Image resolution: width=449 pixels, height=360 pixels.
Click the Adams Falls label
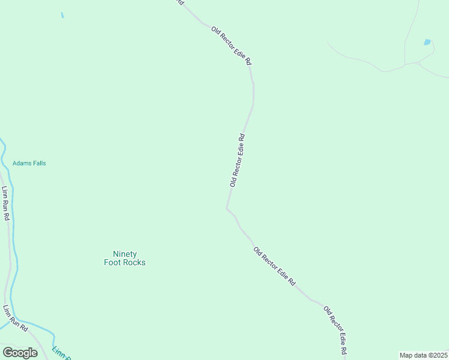tap(29, 163)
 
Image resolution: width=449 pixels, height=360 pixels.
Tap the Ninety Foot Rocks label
tap(125, 258)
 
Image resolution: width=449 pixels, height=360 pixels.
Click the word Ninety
tap(125, 254)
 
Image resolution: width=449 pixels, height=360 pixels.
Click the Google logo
tap(20, 353)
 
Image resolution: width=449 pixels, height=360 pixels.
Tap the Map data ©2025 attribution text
tap(423, 355)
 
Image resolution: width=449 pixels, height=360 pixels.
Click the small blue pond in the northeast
tap(427, 43)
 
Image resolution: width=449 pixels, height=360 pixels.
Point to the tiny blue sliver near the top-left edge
tap(62, 15)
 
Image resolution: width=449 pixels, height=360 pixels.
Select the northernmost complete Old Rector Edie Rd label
tap(231, 46)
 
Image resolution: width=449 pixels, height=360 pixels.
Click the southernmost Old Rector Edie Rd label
tap(336, 330)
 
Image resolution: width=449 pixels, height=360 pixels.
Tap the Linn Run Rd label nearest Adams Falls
tap(5, 203)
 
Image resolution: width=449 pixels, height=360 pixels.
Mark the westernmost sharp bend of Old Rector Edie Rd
tap(227, 208)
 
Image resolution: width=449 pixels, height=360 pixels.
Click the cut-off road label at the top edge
tap(179, 2)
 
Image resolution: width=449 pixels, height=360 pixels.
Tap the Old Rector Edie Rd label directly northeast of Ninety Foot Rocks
tap(237, 160)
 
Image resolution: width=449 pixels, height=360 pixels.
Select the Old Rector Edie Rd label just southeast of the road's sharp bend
tap(274, 266)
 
